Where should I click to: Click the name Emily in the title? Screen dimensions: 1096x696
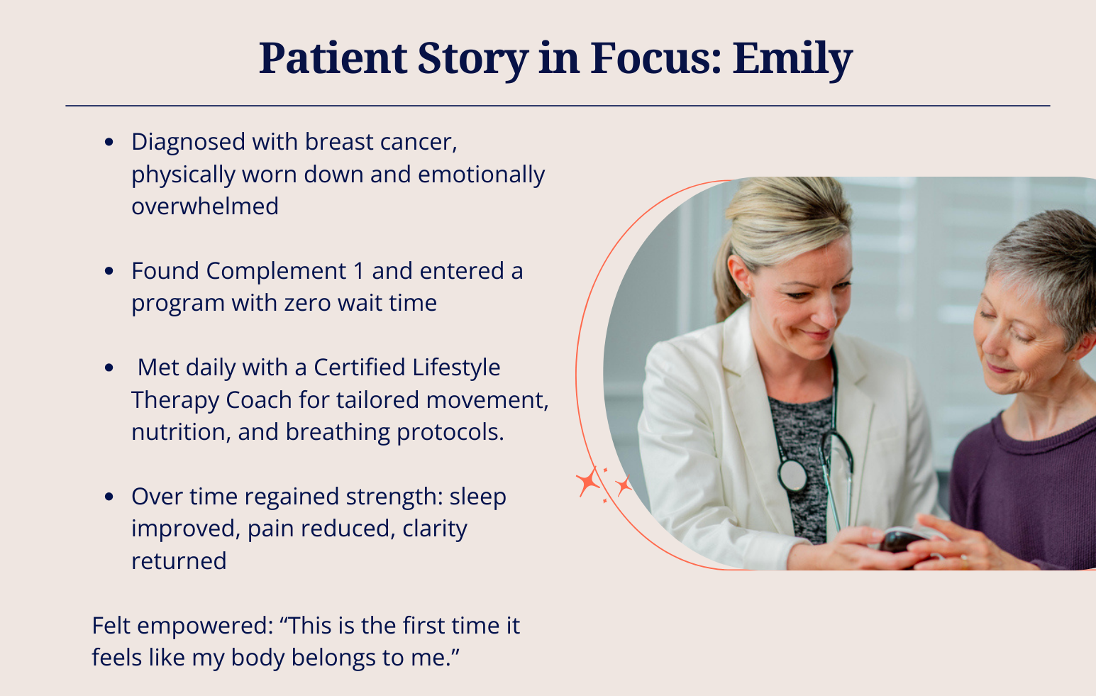pyautogui.click(x=792, y=59)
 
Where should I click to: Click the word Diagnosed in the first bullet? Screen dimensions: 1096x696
pyautogui.click(x=188, y=143)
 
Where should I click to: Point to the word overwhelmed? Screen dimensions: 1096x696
pyautogui.click(x=205, y=206)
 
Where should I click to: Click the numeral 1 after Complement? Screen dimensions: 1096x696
pyautogui.click(x=358, y=271)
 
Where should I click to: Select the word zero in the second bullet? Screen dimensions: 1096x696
pyautogui.click(x=308, y=304)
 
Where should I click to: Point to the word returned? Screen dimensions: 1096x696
pyautogui.click(x=179, y=561)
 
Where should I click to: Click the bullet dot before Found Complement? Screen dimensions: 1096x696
pyautogui.click(x=109, y=271)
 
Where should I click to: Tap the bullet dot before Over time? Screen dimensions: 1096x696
pyautogui.click(x=109, y=497)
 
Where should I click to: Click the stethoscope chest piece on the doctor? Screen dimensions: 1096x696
pyautogui.click(x=792, y=475)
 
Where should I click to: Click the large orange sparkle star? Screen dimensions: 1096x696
pyautogui.click(x=588, y=482)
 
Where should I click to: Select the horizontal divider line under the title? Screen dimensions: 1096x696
pyautogui.click(x=558, y=105)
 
